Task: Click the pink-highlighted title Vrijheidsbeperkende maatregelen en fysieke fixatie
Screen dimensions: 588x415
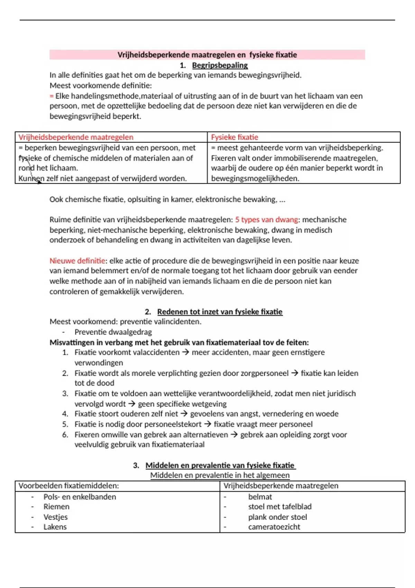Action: [207, 55]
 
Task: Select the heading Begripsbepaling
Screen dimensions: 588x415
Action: [220, 65]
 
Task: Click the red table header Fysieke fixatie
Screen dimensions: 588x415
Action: [234, 137]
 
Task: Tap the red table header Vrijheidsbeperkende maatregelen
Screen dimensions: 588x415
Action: [76, 137]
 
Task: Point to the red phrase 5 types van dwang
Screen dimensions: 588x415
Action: [266, 220]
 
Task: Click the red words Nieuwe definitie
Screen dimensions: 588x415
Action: [77, 261]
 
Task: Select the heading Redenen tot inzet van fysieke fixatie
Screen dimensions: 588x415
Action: [220, 312]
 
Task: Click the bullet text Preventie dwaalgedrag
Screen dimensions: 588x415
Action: [113, 332]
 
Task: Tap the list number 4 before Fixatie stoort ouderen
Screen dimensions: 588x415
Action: [65, 414]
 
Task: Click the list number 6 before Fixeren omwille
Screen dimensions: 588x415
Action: [65, 435]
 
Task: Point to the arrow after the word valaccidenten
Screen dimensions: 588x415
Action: [185, 352]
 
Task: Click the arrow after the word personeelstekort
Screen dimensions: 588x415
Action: [207, 424]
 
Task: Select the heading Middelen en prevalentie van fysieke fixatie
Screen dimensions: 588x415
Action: [220, 465]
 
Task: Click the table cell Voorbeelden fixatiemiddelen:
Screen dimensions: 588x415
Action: [68, 486]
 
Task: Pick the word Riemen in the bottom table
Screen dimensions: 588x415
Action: [56, 507]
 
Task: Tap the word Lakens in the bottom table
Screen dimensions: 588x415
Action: [55, 527]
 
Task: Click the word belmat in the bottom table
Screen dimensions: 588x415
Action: [260, 497]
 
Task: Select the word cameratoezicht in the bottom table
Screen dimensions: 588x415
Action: [274, 527]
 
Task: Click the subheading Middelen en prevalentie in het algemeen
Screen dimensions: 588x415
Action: [220, 475]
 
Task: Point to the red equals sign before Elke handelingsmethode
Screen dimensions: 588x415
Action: [52, 96]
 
